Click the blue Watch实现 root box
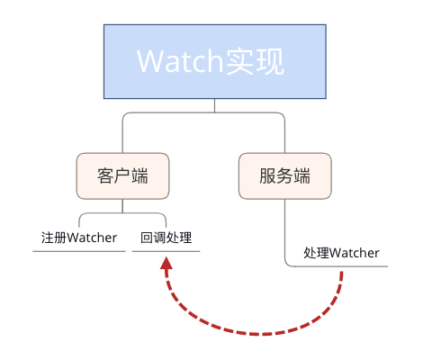(x=215, y=61)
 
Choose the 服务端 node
(x=284, y=175)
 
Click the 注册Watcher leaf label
(x=79, y=238)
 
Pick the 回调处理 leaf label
(x=166, y=238)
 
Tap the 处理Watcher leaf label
(x=341, y=253)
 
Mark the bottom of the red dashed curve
(x=261, y=333)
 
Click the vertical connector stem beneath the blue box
(x=215, y=105)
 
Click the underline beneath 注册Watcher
(x=79, y=251)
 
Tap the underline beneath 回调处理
(x=166, y=251)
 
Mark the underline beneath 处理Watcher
(x=342, y=266)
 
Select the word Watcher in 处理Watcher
(x=355, y=253)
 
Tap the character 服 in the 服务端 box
(x=266, y=175)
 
